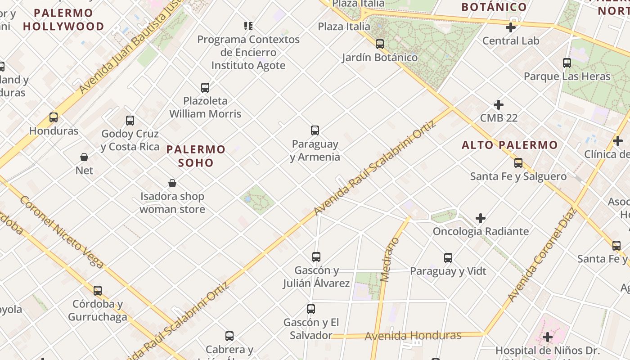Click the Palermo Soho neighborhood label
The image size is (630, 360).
tap(196, 156)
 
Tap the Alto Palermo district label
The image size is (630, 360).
tap(510, 145)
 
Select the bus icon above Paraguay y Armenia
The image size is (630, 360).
tap(315, 130)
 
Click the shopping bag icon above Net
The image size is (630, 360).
tap(84, 157)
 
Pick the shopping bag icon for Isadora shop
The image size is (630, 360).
tap(172, 183)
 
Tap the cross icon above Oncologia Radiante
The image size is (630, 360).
tap(481, 218)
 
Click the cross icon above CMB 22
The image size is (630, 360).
tap(499, 105)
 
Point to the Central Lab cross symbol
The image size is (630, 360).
tap(511, 27)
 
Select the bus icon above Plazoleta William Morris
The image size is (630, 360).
tap(205, 87)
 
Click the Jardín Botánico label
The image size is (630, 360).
tap(380, 58)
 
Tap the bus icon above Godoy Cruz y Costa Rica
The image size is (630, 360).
tap(130, 120)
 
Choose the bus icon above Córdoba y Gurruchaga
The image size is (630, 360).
tap(98, 291)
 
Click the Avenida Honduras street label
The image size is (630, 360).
tap(413, 336)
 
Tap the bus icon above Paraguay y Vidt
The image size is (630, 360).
tap(448, 258)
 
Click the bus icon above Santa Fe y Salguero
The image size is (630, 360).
tap(518, 162)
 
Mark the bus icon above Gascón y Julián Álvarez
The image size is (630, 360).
tap(316, 257)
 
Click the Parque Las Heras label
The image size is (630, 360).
tap(567, 76)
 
